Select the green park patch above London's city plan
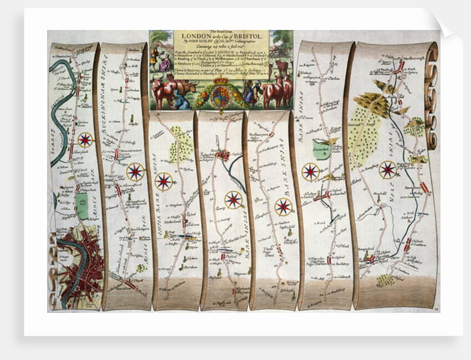[82, 205]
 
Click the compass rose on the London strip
[85, 139]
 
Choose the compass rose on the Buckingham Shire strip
[135, 171]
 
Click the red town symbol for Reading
[223, 156]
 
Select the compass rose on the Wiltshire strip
[387, 169]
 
